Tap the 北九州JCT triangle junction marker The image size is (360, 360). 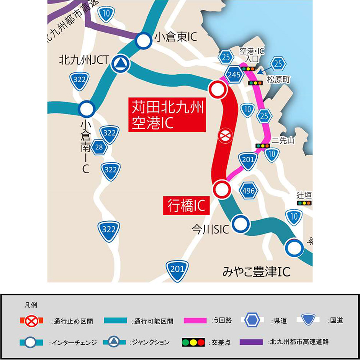[x=120, y=64]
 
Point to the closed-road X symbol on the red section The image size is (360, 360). [x=224, y=135]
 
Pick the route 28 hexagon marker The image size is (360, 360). [x=99, y=147]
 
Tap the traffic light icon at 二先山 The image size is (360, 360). [x=263, y=146]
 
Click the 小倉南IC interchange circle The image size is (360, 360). [x=87, y=109]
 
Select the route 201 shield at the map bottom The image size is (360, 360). [x=177, y=269]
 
